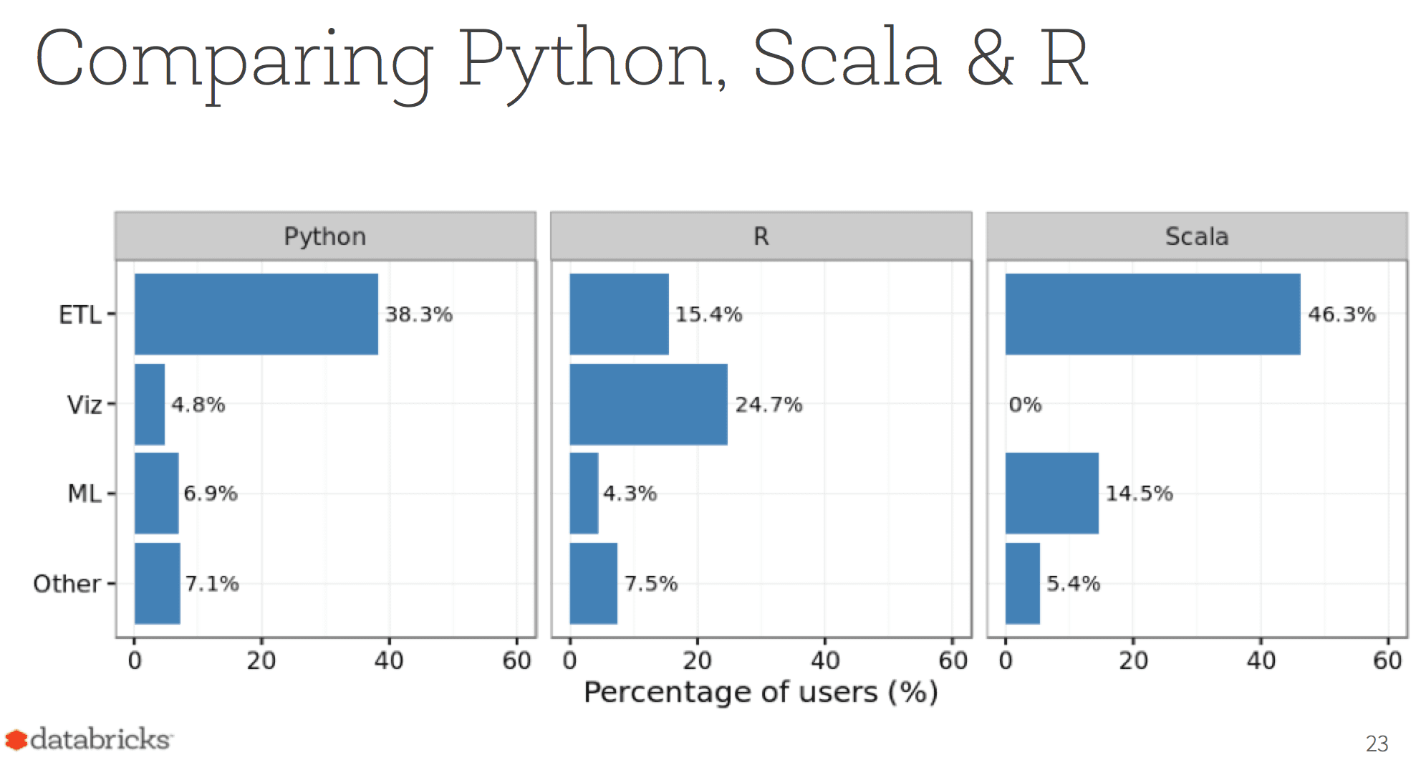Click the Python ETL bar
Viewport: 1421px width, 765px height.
point(256,314)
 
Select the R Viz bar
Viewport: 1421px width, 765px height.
point(648,404)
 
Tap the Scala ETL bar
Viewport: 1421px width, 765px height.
point(1152,314)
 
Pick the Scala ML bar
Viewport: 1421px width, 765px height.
point(1051,493)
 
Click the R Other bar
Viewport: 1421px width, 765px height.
point(593,583)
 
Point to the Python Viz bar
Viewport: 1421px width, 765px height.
point(149,404)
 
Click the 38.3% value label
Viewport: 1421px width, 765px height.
point(419,314)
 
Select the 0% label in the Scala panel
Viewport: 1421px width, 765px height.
point(1025,405)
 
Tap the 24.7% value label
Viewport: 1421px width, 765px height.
point(769,405)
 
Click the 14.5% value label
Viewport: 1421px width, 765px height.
point(1139,494)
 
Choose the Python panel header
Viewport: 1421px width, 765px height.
point(325,236)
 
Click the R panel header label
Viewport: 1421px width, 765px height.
point(761,236)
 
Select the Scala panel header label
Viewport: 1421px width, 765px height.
point(1197,236)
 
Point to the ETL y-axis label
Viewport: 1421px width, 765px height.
point(80,315)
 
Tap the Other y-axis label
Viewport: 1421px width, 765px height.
point(67,584)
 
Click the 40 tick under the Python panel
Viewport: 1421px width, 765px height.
point(389,660)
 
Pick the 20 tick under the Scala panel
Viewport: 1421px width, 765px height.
point(1133,660)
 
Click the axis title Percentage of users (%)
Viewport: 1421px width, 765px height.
point(761,693)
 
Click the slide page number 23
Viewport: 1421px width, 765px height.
point(1377,744)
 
